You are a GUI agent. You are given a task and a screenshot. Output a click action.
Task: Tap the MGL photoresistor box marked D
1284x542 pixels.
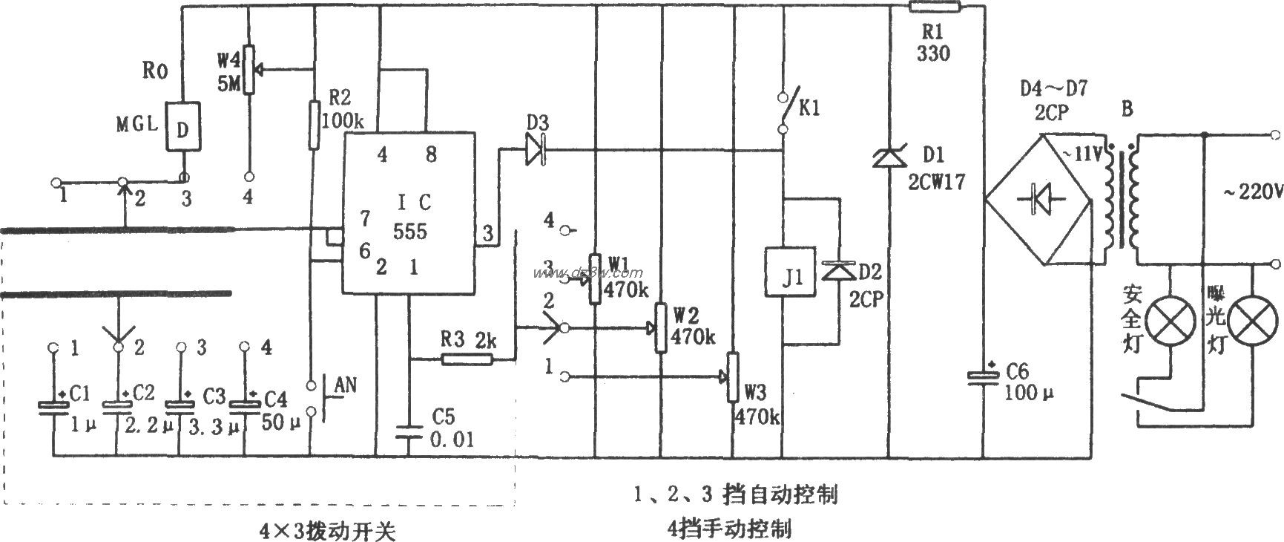pyautogui.click(x=182, y=127)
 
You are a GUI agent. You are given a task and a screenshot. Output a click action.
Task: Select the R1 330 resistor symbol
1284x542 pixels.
pyautogui.click(x=935, y=7)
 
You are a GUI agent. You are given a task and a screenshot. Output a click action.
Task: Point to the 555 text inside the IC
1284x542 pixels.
pyautogui.click(x=409, y=231)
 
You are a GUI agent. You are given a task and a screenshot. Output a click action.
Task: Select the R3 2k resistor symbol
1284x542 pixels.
pyautogui.click(x=467, y=359)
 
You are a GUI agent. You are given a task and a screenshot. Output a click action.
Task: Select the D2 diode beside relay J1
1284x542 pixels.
pyautogui.click(x=837, y=272)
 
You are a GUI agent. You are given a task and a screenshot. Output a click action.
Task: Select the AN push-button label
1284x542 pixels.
pyautogui.click(x=346, y=385)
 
